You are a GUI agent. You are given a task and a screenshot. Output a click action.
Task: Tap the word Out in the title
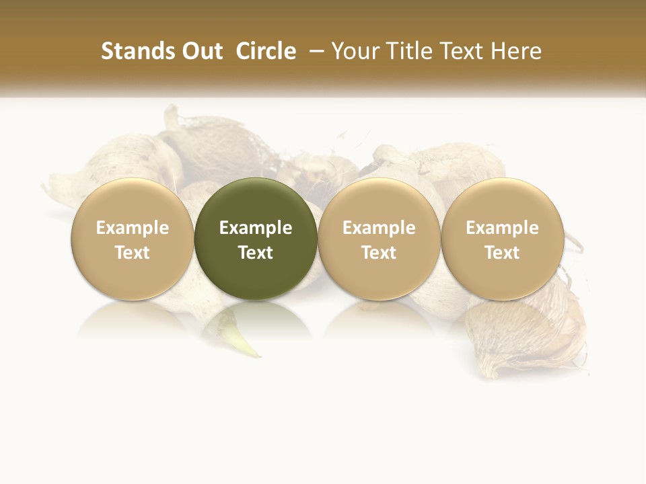point(201,51)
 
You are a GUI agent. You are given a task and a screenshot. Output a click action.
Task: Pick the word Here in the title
point(516,51)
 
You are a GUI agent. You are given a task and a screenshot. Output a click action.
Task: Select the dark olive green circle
point(256,239)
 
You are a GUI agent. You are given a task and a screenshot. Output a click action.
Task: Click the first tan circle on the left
point(132,239)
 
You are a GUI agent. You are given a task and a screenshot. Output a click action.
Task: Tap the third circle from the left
point(379,239)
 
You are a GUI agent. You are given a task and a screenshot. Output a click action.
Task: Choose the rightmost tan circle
point(502,239)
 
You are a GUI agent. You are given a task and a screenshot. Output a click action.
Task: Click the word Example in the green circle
point(256,228)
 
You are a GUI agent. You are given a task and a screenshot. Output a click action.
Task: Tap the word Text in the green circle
point(256,253)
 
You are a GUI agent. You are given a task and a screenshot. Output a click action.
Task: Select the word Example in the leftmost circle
point(132,228)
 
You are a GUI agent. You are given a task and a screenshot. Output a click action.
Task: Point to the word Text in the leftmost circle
point(132,253)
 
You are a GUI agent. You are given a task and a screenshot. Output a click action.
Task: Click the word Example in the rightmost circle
point(502,228)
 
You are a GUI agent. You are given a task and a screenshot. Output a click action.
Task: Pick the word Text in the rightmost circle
point(502,253)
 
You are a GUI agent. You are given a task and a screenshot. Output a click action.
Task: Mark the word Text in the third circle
point(379,253)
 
